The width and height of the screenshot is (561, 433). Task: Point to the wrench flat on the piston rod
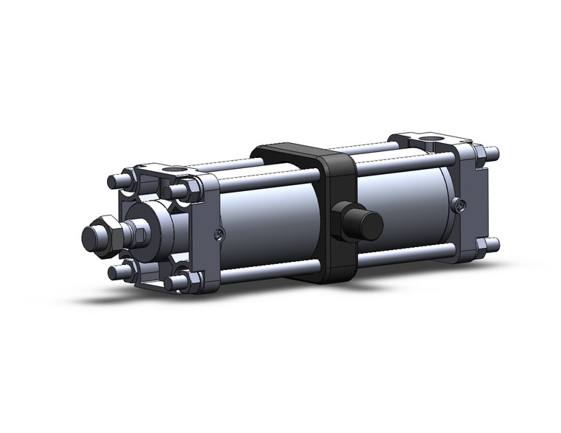click(140, 235)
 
